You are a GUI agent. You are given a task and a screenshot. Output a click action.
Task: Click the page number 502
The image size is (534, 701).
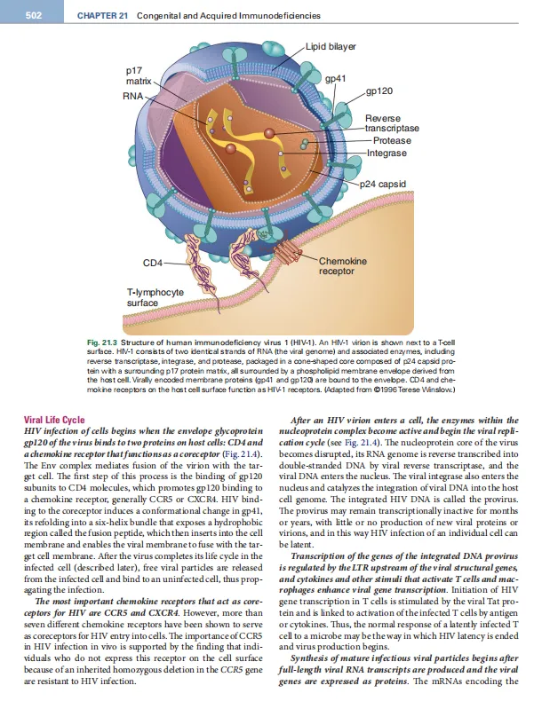pyautogui.click(x=35, y=16)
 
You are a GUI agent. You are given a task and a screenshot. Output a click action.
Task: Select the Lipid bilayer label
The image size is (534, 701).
pyautogui.click(x=331, y=45)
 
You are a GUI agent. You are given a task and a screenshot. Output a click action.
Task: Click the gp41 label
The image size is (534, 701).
pyautogui.click(x=335, y=79)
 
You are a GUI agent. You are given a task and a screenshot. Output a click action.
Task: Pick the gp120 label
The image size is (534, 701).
pyautogui.click(x=380, y=91)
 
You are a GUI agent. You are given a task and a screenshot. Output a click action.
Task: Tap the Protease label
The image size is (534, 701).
pyautogui.click(x=392, y=141)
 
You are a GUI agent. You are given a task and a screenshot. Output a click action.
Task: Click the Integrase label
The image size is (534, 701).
pyautogui.click(x=387, y=153)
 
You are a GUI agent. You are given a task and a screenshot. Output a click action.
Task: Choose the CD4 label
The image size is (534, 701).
pyautogui.click(x=154, y=263)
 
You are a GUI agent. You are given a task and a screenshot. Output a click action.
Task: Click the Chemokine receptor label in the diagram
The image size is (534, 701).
pyautogui.click(x=342, y=265)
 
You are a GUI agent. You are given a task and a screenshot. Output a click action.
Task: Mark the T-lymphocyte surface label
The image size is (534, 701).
pyautogui.click(x=155, y=296)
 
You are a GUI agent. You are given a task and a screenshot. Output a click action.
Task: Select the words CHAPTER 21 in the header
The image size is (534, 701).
pyautogui.click(x=100, y=16)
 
